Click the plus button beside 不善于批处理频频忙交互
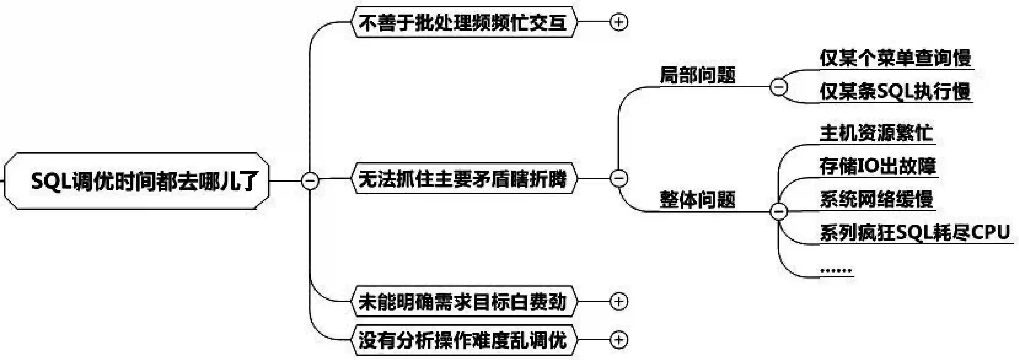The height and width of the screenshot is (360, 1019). click(619, 22)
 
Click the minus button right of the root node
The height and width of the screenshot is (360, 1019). click(310, 181)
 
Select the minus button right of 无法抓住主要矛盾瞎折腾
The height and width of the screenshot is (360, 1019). click(619, 178)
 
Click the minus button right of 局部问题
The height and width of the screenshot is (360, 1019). click(779, 87)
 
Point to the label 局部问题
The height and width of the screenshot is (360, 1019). click(698, 75)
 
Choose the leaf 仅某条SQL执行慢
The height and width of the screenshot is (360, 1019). click(896, 92)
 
